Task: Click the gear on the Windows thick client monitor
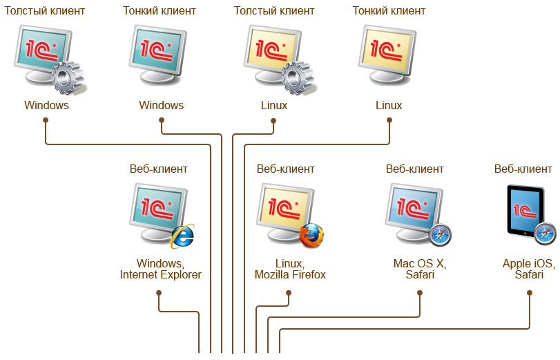pyautogui.click(x=68, y=77)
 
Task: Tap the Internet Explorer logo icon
pyautogui.click(x=182, y=236)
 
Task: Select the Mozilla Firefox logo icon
pyautogui.click(x=311, y=236)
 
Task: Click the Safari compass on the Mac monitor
pyautogui.click(x=440, y=236)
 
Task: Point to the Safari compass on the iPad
pyautogui.click(x=545, y=234)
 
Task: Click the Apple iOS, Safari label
pyautogui.click(x=528, y=269)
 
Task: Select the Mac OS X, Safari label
pyautogui.click(x=420, y=269)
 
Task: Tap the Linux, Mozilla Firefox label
pyautogui.click(x=290, y=269)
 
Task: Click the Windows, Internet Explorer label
pyautogui.click(x=160, y=269)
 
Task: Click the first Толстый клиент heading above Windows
pyautogui.click(x=45, y=11)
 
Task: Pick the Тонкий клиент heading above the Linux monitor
pyautogui.click(x=389, y=11)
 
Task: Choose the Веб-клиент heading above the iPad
pyautogui.click(x=523, y=169)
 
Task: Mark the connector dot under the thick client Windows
pyautogui.click(x=45, y=120)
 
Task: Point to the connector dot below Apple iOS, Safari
pyautogui.click(x=530, y=292)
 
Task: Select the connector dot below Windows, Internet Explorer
pyautogui.click(x=159, y=292)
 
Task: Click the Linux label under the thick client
pyautogui.click(x=274, y=106)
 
